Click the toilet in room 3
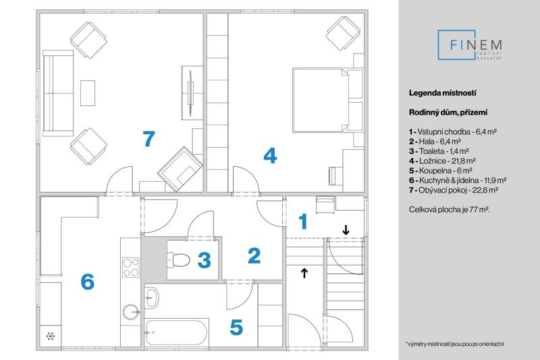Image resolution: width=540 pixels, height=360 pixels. point(178,259)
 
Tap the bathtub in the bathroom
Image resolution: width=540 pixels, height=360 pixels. point(177,332)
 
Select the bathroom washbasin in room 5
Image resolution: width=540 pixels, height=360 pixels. point(151,298)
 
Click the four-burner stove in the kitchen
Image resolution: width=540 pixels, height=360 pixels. point(131,267)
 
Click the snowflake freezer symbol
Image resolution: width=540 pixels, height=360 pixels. point(51,336)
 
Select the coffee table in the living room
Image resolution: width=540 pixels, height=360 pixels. point(88,93)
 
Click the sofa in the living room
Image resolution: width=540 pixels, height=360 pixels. point(58,93)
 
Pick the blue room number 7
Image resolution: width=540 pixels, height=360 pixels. point(148,139)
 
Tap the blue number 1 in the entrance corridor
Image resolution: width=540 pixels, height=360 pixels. point(303,221)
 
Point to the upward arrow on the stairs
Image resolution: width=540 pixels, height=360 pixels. point(304,272)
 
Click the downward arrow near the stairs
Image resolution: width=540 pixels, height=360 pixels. point(346,230)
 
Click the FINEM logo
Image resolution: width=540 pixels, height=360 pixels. point(470,45)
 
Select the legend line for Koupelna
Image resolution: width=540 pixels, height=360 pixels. point(441,170)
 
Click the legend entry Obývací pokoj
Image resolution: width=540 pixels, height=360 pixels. point(454,190)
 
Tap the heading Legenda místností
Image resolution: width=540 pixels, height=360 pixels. point(443,93)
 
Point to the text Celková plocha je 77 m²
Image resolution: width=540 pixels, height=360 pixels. point(450,209)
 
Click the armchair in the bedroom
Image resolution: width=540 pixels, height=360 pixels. point(343,33)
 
